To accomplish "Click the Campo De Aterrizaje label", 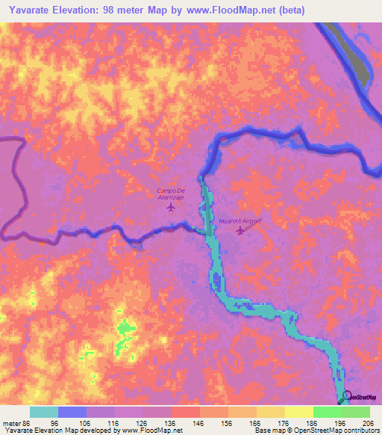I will [171, 194].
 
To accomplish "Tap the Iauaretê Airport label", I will [240, 221].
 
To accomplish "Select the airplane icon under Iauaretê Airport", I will [239, 230].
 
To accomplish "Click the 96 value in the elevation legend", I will [58, 424].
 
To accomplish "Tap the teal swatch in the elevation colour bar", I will [44, 412].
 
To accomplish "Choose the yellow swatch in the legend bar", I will [298, 412].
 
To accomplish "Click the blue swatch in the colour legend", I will [72, 412].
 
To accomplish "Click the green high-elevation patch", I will [125, 328].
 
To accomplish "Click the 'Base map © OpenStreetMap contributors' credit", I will [316, 431].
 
